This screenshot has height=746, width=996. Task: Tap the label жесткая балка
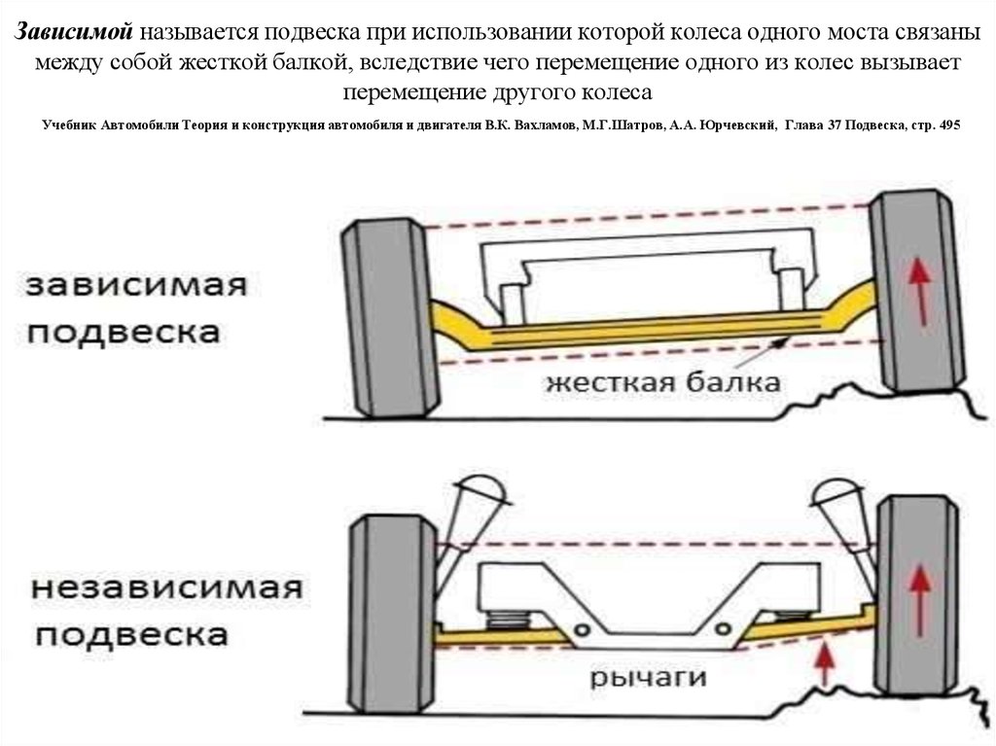coord(662,381)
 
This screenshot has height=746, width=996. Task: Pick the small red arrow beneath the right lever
coord(825,662)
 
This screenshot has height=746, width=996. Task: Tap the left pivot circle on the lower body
coord(582,631)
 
